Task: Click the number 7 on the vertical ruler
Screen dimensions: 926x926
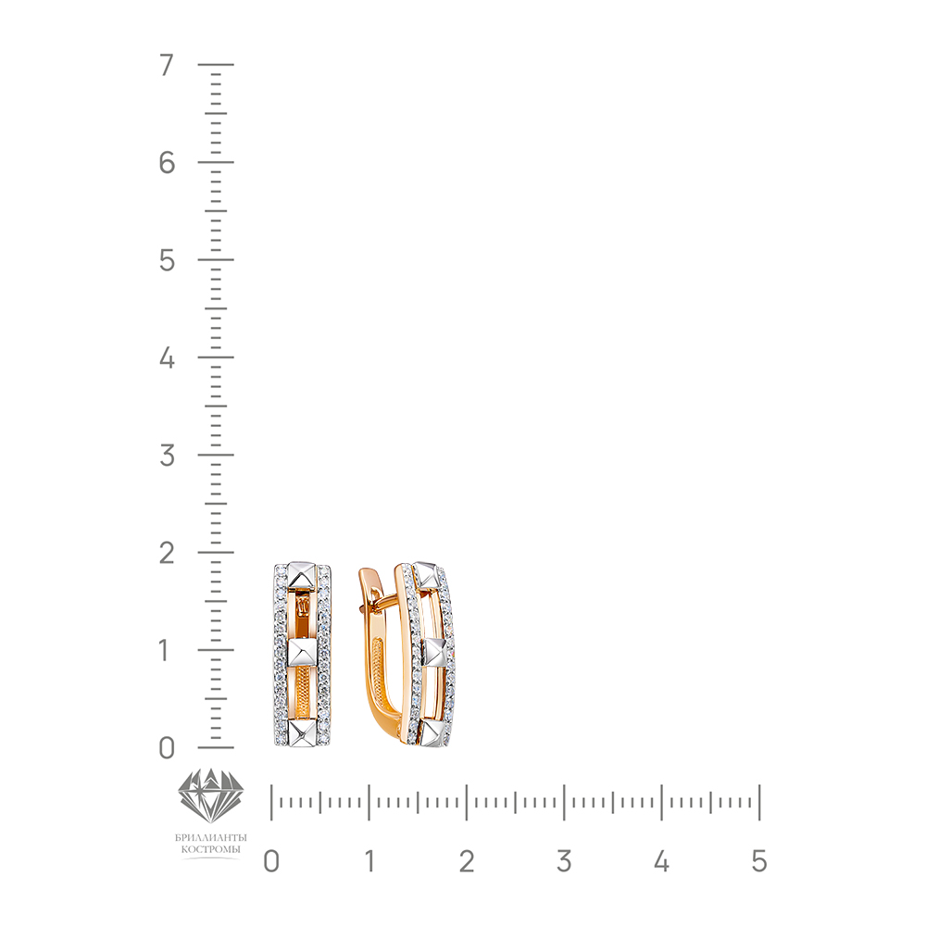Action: click(x=167, y=65)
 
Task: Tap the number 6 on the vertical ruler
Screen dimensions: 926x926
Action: click(x=167, y=162)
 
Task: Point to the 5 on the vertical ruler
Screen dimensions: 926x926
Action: click(x=167, y=260)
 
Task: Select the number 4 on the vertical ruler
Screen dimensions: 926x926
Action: click(x=167, y=357)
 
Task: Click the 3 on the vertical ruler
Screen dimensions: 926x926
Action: click(x=167, y=456)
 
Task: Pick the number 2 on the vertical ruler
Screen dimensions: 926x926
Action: click(x=167, y=554)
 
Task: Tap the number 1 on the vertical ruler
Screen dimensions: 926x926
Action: click(x=165, y=651)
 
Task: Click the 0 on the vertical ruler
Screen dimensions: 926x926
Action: click(x=167, y=748)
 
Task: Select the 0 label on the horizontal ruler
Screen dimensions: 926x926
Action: click(x=271, y=861)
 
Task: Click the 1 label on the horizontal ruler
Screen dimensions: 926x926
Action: click(x=369, y=861)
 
